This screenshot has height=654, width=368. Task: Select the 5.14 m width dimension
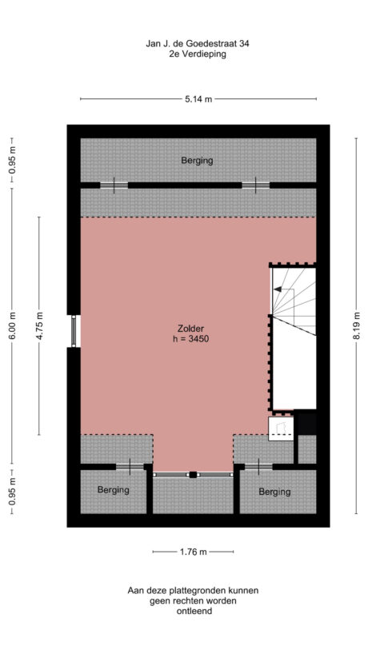coord(198,99)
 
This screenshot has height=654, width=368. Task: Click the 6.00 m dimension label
coord(12,327)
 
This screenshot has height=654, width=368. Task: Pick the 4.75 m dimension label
coord(39,327)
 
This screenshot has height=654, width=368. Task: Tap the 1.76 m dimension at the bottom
coord(193,552)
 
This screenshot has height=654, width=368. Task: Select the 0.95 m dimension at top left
coord(12,162)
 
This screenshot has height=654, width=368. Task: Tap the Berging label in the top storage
coord(197,161)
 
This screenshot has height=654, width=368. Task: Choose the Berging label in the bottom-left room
coord(113,489)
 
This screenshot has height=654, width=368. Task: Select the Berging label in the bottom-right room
coord(274,492)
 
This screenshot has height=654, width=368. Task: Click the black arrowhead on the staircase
coord(278,289)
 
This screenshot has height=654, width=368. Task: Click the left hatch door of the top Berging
coord(114,185)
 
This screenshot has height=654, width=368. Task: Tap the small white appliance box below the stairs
coord(281,430)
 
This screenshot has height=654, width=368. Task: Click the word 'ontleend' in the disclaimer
coord(193,612)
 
